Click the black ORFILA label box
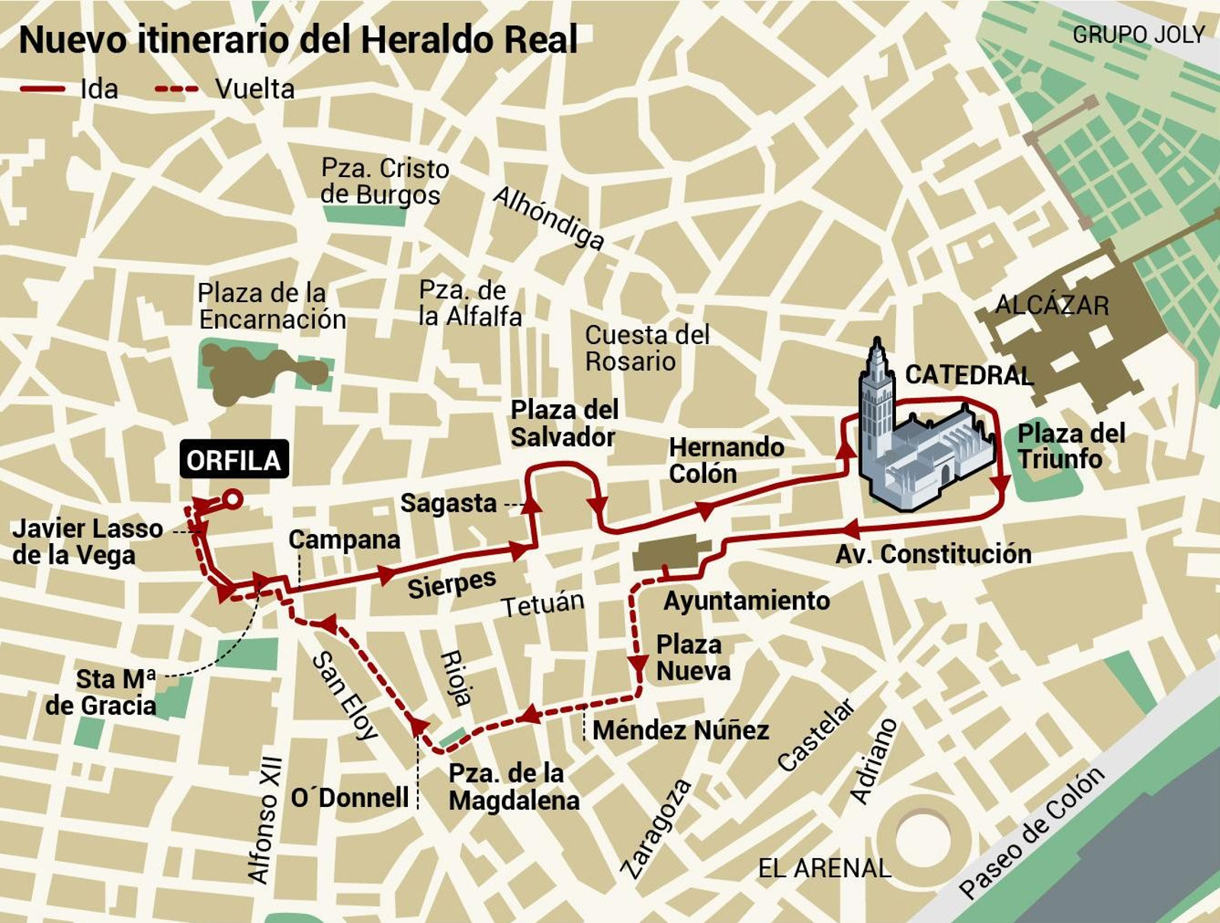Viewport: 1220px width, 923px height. point(234,460)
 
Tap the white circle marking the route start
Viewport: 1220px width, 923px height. point(233,500)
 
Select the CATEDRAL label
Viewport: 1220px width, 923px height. point(968,375)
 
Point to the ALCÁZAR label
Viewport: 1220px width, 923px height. point(1051,305)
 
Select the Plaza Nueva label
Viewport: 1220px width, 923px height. point(692,658)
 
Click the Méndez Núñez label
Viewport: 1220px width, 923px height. point(680,730)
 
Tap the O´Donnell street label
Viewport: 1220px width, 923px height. point(350,798)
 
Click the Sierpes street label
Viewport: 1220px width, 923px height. point(451,584)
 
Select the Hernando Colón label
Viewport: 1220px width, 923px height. point(725,460)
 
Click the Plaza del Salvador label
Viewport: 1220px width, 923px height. point(564,423)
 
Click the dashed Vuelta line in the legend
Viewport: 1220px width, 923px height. point(176,89)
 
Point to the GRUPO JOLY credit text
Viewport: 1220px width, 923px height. point(1138,35)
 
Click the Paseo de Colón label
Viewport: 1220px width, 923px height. point(1031,833)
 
